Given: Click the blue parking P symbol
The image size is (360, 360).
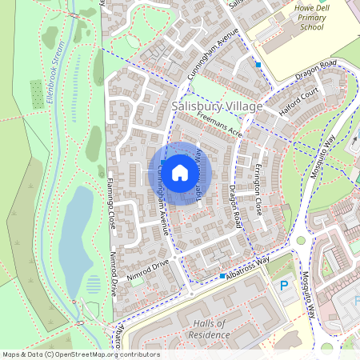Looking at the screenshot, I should pos(283,286).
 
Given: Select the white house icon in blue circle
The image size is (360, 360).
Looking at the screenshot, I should pos(180,172).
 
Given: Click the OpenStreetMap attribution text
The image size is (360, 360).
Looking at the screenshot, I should pos(81,354).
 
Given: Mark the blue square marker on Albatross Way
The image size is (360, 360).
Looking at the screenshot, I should pos(222,276).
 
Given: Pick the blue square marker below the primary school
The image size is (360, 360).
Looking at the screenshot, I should pos(258,64).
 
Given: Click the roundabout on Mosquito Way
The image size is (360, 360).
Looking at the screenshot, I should pos(302,240).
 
